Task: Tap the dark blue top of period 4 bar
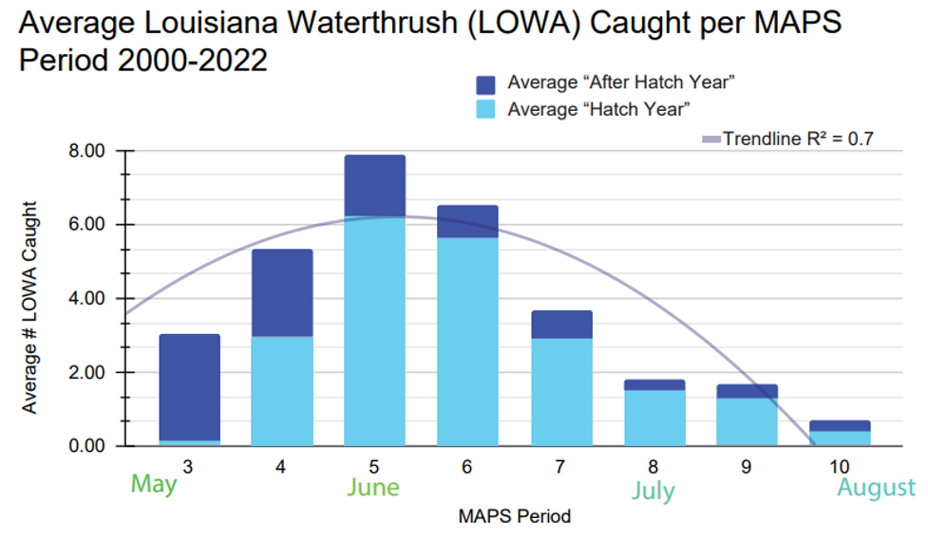[281, 292]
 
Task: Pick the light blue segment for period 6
[467, 342]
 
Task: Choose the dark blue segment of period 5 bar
[374, 185]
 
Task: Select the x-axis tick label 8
[653, 468]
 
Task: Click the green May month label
[154, 484]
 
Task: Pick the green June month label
[372, 487]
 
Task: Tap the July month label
[653, 491]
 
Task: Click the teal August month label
[876, 488]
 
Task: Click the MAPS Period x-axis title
[515, 517]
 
